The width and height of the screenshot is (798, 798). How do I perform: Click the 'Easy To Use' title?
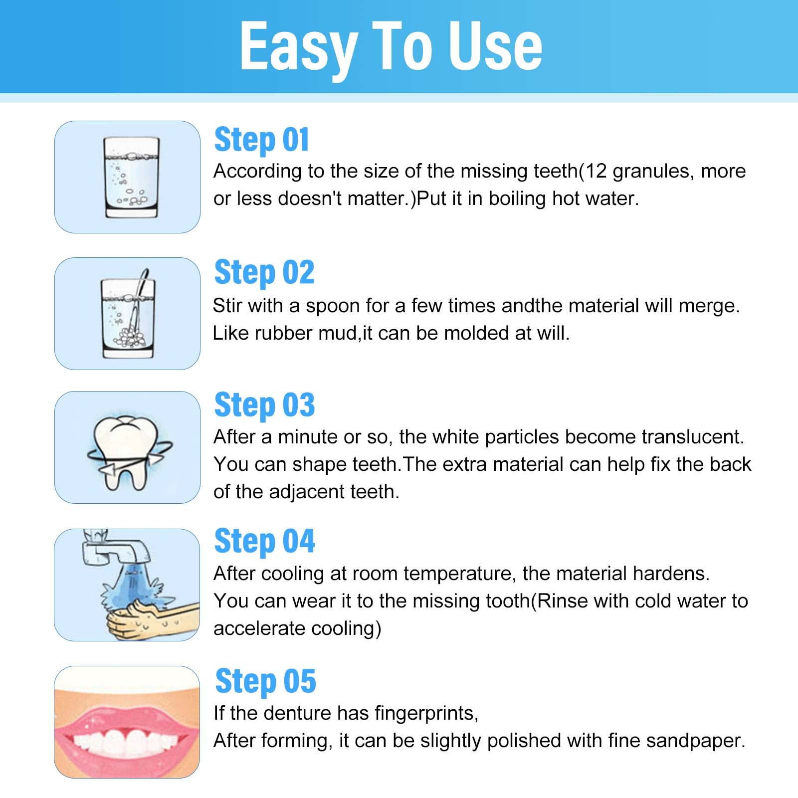click(x=391, y=47)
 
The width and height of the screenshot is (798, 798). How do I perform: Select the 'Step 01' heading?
click(x=261, y=140)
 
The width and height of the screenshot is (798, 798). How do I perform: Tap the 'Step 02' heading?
click(x=264, y=273)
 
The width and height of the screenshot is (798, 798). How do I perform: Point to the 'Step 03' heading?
click(x=264, y=405)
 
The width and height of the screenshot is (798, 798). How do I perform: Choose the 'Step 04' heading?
click(x=264, y=541)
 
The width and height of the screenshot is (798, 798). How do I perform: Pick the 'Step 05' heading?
click(x=265, y=681)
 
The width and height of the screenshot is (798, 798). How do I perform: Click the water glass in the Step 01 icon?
click(x=132, y=178)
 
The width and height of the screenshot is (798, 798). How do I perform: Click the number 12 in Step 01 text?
click(x=596, y=171)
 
